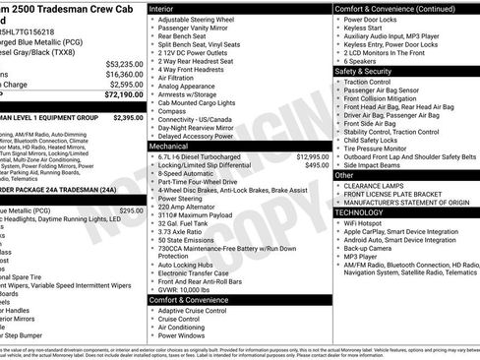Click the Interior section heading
[x=162, y=8]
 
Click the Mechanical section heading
[x=169, y=145]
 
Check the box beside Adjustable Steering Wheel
[x=151, y=21]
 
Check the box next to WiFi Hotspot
[x=337, y=223]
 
